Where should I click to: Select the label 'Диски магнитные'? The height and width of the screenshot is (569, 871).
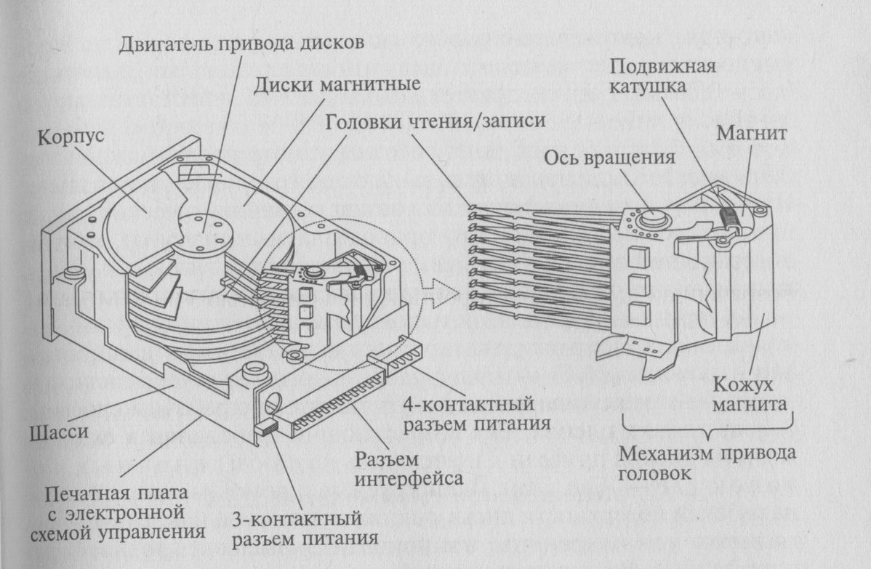coord(337,84)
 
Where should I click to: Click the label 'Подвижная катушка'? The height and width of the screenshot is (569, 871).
coord(662,76)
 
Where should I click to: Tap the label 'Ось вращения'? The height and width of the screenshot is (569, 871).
coord(609,158)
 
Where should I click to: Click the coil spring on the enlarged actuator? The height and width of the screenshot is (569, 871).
coord(730,215)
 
